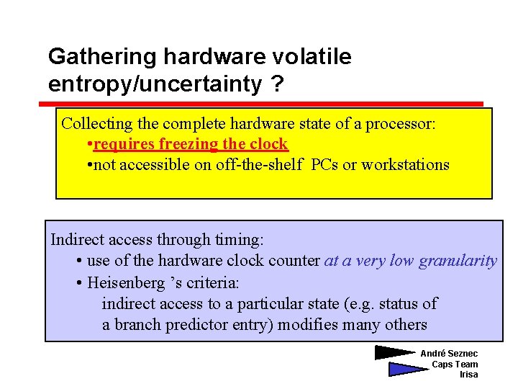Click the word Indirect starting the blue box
[76, 240]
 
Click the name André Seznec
[449, 354]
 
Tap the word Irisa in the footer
[468, 375]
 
